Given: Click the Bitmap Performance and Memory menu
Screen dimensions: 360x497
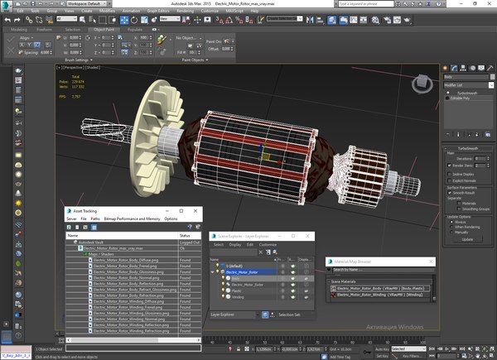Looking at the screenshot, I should pyautogui.click(x=132, y=218).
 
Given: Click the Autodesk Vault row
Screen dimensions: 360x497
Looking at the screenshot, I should pyautogui.click(x=92, y=242).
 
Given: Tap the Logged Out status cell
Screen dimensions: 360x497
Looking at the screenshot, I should pyautogui.click(x=190, y=242).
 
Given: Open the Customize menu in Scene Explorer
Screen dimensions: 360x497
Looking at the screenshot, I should pyautogui.click(x=268, y=245).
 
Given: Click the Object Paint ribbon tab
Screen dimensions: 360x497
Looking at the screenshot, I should pyautogui.click(x=104, y=29).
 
